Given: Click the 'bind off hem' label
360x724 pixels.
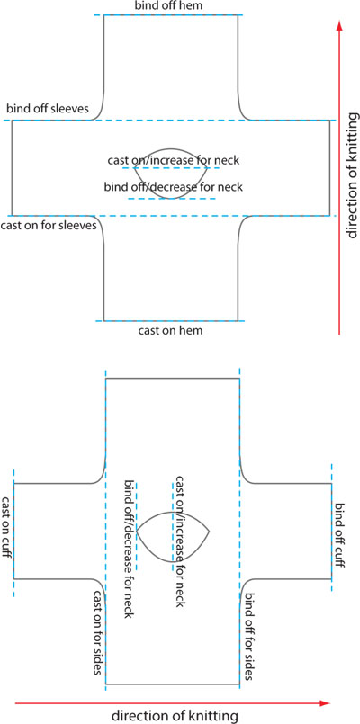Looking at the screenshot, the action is point(170,6).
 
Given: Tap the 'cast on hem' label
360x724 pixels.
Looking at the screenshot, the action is point(170,331).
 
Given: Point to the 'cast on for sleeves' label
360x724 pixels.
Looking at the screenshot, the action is point(49,226).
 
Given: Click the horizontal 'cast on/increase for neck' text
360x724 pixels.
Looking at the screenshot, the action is point(174,161).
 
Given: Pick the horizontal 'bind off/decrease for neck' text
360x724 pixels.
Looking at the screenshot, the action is point(174,187).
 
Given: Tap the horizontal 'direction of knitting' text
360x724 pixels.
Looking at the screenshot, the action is point(175,716).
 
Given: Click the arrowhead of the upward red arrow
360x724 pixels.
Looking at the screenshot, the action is point(340,28).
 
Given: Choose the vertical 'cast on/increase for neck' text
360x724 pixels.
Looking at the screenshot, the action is point(180,541).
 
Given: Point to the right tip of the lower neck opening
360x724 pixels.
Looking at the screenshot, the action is point(210,532).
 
